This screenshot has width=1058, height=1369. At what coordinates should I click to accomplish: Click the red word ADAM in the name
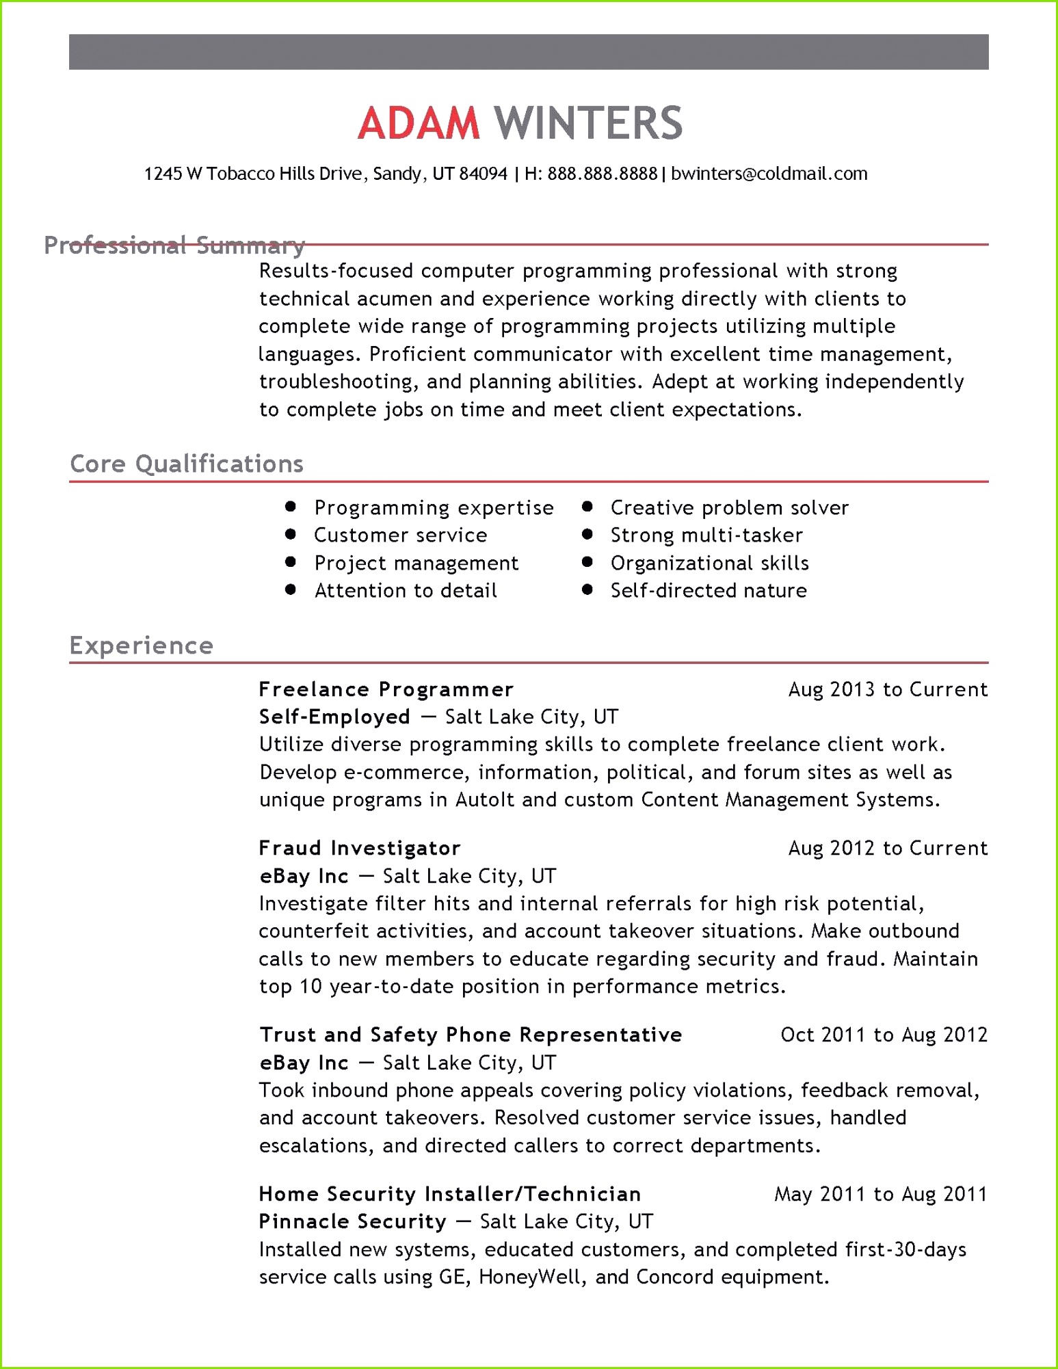[x=419, y=124]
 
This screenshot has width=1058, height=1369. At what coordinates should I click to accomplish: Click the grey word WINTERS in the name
[x=588, y=124]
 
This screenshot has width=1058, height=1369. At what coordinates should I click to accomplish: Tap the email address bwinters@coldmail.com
[x=769, y=174]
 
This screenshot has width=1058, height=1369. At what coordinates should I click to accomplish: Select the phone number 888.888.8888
[x=602, y=174]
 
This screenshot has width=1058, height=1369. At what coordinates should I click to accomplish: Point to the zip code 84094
[x=483, y=174]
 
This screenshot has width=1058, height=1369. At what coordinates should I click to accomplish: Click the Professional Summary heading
[x=174, y=245]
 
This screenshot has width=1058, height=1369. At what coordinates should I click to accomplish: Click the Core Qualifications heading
[x=186, y=464]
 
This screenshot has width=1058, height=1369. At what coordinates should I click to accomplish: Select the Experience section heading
[x=142, y=646]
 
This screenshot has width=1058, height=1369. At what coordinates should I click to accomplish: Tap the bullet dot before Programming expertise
[x=291, y=507]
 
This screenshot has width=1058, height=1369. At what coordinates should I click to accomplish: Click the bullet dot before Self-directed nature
[x=587, y=589]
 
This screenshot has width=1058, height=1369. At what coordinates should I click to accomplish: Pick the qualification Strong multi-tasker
[x=706, y=535]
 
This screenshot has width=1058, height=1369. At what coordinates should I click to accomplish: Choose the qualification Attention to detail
[x=405, y=590]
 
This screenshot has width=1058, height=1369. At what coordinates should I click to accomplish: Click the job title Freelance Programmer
[x=386, y=689]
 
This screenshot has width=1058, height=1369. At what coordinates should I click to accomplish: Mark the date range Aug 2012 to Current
[x=887, y=848]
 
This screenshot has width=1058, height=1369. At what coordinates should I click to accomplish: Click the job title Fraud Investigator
[x=359, y=848]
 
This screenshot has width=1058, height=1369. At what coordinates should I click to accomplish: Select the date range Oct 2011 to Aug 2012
[x=884, y=1035]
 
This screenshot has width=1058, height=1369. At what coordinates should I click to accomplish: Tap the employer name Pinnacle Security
[x=352, y=1221]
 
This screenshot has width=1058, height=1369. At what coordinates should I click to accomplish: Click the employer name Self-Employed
[x=334, y=717]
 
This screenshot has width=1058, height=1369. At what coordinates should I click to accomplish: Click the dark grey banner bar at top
[x=529, y=52]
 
